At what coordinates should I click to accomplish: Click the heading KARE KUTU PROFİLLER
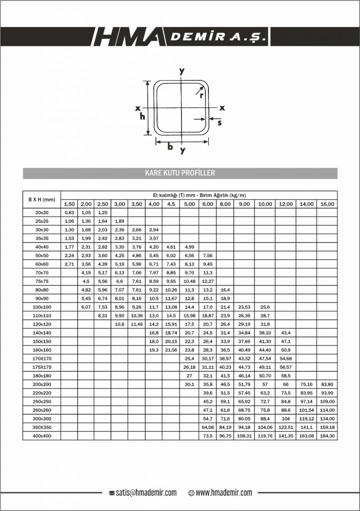pos(180,173)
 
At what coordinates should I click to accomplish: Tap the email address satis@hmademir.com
pos(146,493)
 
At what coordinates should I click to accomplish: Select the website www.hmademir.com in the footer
pos(224,493)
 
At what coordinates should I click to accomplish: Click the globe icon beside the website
pos(191,493)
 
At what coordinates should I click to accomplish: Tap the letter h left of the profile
pos(142,117)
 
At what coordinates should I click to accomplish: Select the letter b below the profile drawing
pos(170,147)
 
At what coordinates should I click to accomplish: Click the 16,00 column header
pos(327,204)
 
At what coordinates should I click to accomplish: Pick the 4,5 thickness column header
pos(171,204)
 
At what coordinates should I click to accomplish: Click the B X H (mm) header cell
pos(41,200)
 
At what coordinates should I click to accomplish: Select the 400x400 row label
pos(41,436)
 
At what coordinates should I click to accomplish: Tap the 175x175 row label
pos(41,367)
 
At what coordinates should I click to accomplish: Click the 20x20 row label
pos(41,213)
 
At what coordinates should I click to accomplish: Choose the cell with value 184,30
pos(327,436)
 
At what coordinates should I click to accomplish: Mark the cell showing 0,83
pos(69,213)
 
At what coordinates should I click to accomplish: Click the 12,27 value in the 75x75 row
pos(207,281)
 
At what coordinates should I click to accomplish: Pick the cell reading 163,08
pos(306,436)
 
